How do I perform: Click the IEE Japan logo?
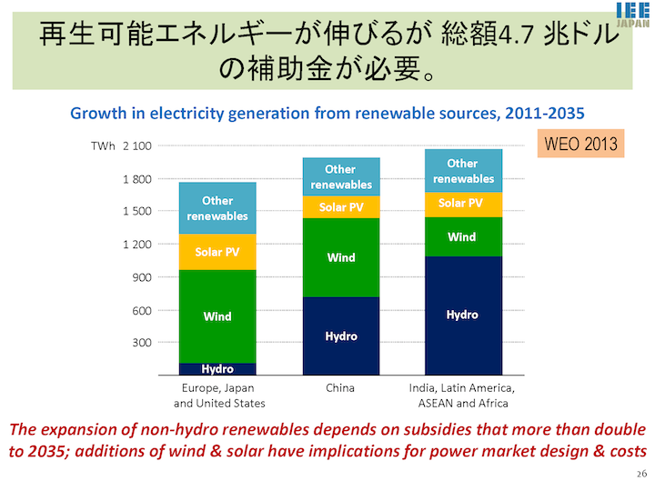coord(633,15)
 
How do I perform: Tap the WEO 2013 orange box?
coord(580,144)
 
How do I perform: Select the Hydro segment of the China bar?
coord(341,336)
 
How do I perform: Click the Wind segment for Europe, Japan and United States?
coord(217,316)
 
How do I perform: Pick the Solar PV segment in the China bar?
coord(341,207)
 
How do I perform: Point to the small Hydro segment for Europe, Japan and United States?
coord(217,369)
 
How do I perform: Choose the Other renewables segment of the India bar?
coord(464,171)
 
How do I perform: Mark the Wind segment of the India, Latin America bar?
coord(464,236)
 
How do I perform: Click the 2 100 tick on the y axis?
coord(137,146)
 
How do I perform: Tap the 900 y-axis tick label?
coord(142,277)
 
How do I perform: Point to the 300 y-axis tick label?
coord(142,343)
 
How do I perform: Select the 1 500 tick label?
coord(137,211)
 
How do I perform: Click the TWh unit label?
coord(103,146)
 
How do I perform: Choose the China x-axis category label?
coord(340,388)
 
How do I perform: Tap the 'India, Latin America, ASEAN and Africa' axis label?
coord(462,396)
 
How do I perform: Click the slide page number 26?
coord(641,474)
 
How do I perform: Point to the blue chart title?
coord(327,113)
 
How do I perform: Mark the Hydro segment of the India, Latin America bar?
coord(464,316)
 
